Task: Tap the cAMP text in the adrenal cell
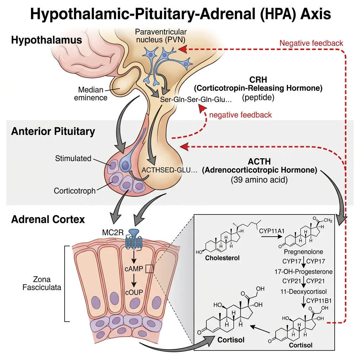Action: click(134, 269)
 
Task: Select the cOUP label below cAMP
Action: click(134, 293)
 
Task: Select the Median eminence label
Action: click(91, 94)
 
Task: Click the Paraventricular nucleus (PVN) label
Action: click(161, 36)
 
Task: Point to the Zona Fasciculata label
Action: click(42, 283)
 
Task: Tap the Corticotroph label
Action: click(75, 191)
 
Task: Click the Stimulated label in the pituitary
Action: click(73, 158)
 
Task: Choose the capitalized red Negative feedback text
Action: click(311, 43)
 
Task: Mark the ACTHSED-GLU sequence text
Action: click(169, 170)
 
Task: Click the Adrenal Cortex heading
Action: click(48, 219)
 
